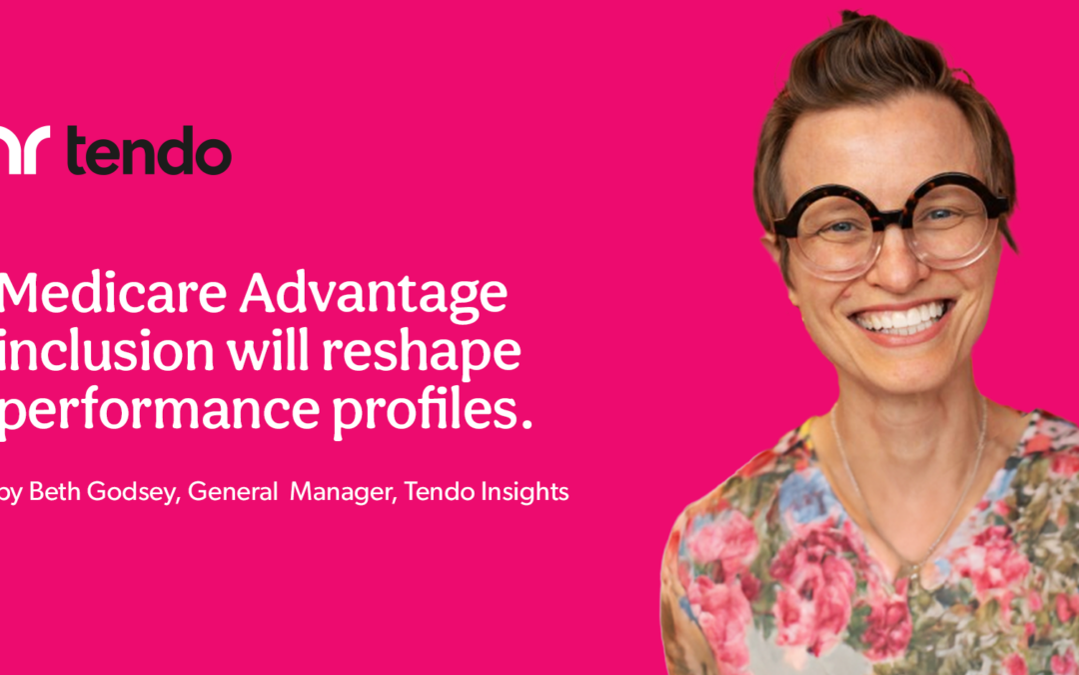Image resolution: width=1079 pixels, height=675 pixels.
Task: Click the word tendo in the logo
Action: [149, 153]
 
